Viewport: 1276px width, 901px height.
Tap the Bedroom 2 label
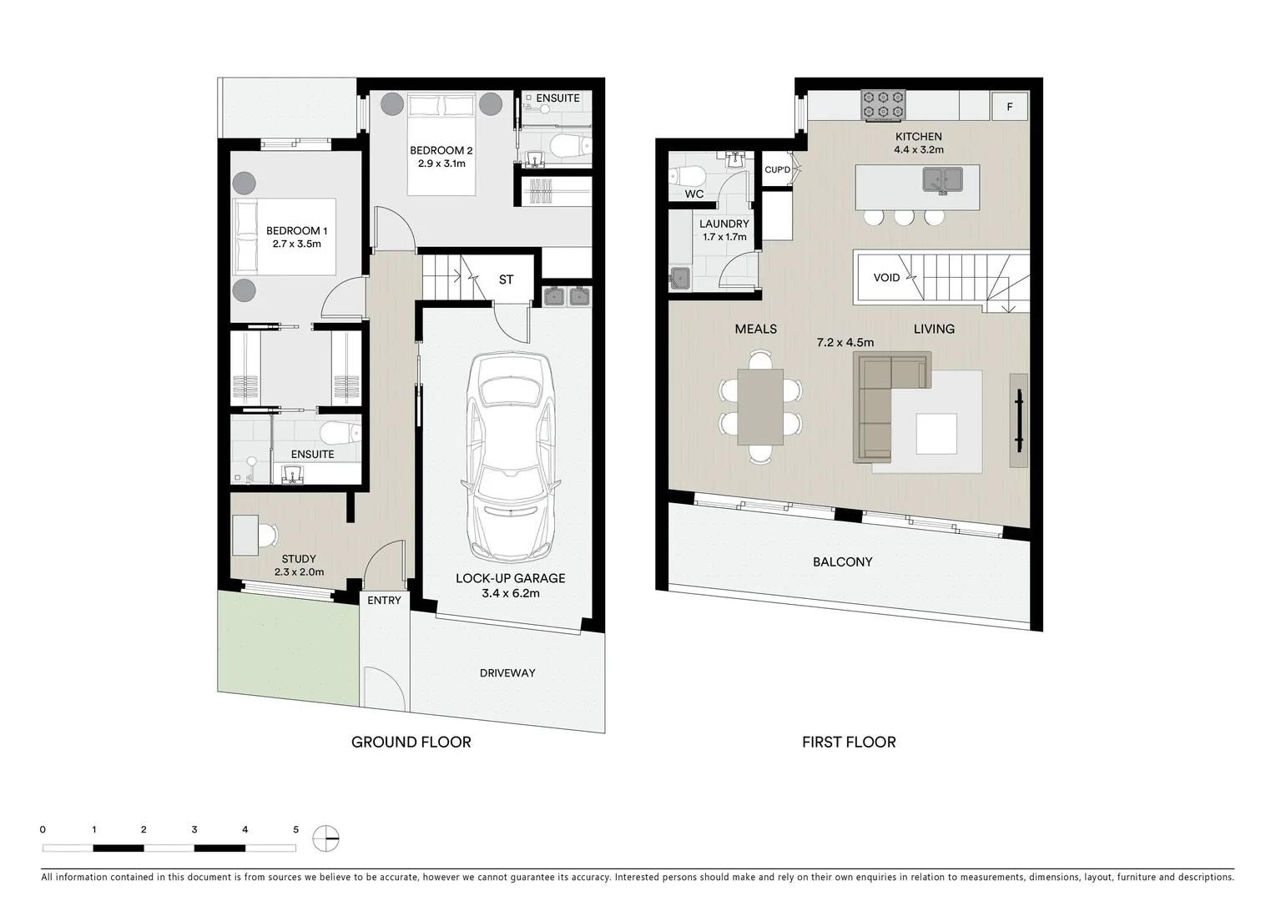click(441, 157)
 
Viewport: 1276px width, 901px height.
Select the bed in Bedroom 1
click(285, 237)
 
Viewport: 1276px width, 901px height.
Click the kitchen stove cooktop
click(884, 104)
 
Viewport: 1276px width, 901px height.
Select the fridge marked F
click(1010, 107)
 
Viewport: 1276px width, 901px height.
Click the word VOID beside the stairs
click(886, 278)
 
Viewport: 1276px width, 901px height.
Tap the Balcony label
click(842, 562)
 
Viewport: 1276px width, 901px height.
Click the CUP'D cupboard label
click(777, 170)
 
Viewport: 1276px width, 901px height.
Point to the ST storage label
click(506, 279)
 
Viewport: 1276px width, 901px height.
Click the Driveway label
click(507, 673)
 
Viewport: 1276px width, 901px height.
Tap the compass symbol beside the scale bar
click(326, 838)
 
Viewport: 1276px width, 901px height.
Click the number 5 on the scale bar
click(295, 830)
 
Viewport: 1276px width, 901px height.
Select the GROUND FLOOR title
click(411, 742)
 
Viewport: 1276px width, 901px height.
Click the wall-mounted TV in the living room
click(1019, 413)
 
